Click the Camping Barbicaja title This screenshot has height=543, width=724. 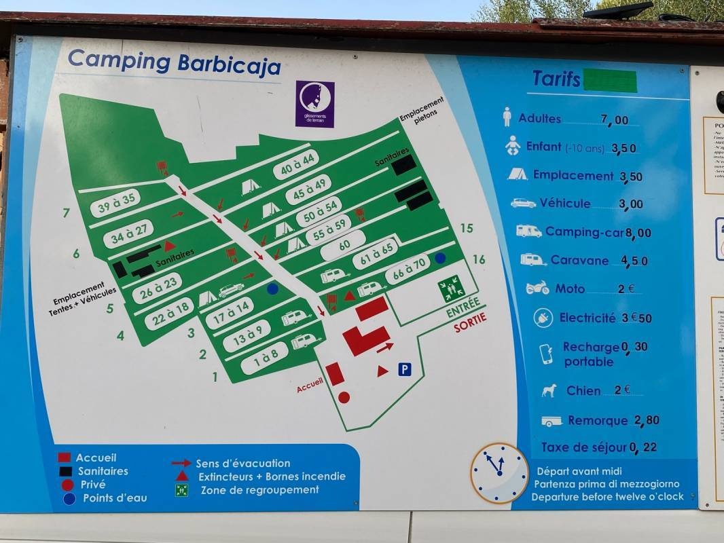pyautogui.click(x=174, y=62)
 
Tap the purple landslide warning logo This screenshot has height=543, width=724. pyautogui.click(x=315, y=104)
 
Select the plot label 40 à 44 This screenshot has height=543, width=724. pyautogui.click(x=296, y=164)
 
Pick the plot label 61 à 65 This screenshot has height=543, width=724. pyautogui.click(x=375, y=255)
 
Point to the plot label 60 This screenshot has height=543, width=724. pyautogui.click(x=343, y=245)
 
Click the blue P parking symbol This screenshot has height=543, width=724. pyautogui.click(x=405, y=369)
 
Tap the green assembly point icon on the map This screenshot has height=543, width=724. pyautogui.click(x=450, y=289)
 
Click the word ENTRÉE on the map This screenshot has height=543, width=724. pyautogui.click(x=463, y=308)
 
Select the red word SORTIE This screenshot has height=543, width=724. pyautogui.click(x=471, y=324)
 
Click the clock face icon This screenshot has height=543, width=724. pyautogui.click(x=499, y=472)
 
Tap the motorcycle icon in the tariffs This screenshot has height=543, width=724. pyautogui.click(x=537, y=288)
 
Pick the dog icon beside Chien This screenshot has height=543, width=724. pyautogui.click(x=549, y=390)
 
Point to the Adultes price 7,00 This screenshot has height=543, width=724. pyautogui.click(x=615, y=120)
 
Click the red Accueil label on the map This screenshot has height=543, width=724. pyautogui.click(x=310, y=386)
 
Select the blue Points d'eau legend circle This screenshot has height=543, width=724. pyautogui.click(x=69, y=498)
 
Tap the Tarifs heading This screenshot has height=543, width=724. pyautogui.click(x=556, y=79)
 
